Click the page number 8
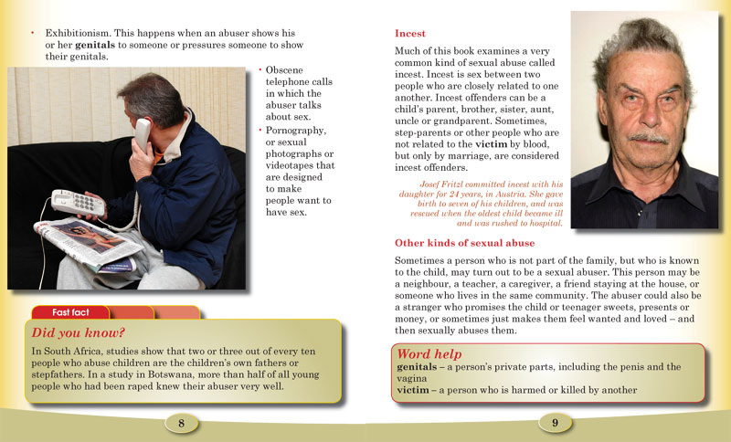point(182,422)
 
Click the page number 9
point(555,422)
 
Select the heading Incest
point(410,33)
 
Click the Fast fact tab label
point(70,312)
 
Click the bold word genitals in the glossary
point(419,367)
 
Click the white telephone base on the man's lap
point(79,202)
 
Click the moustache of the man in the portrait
point(648,137)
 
